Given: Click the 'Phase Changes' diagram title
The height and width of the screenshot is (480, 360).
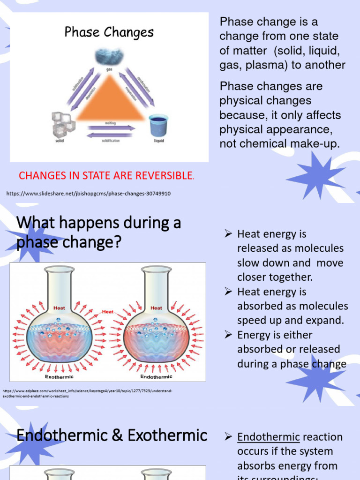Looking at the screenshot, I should [x=109, y=32].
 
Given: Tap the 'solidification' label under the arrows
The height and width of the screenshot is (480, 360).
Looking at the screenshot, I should [x=111, y=141].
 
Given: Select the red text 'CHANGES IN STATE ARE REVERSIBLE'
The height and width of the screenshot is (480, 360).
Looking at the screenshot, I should [x=106, y=176].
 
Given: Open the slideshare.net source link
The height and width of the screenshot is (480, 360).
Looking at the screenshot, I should [x=89, y=194].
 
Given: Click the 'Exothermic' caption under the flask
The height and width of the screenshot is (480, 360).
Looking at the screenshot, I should [x=59, y=377].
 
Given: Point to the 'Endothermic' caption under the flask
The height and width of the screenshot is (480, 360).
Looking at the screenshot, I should [x=156, y=377].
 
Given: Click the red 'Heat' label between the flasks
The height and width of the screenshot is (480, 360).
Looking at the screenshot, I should [x=108, y=311].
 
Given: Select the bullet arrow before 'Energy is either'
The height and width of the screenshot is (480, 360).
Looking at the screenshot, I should [x=228, y=334].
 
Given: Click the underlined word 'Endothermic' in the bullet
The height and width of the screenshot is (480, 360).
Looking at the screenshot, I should [x=268, y=437].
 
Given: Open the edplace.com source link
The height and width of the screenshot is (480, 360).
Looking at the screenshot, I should [x=87, y=393].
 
